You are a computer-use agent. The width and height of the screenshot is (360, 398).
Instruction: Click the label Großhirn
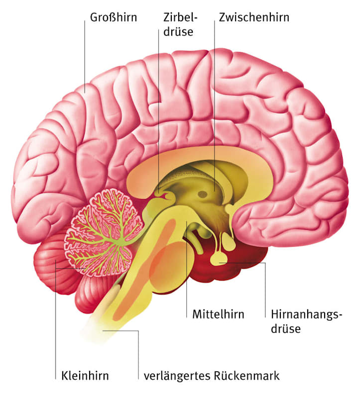114,17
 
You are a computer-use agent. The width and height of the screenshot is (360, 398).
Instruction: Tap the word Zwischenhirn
254,17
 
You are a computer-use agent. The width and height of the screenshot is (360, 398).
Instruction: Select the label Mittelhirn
218,314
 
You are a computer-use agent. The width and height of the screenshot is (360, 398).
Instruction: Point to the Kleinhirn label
85,376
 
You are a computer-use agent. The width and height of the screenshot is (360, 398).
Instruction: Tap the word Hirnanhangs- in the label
307,315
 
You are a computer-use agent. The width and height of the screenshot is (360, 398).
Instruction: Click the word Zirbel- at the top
180,17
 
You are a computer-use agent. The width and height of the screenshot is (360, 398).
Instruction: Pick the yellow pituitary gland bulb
219,259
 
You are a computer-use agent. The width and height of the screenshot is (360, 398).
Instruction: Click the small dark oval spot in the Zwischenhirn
203,195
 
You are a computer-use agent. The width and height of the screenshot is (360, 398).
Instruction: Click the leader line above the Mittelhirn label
187,270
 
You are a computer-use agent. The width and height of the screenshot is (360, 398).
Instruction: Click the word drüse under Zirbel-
178,32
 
